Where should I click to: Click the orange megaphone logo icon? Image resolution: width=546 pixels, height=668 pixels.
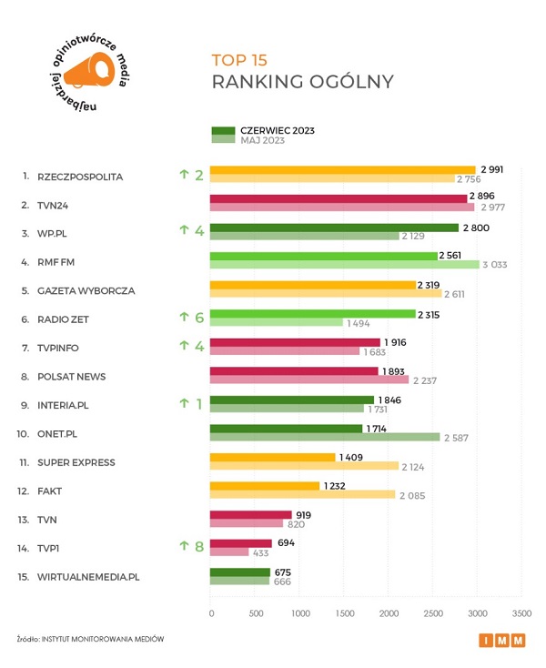91,69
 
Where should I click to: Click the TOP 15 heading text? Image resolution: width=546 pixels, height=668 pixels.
239,61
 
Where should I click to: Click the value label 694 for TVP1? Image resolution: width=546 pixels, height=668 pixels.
287,542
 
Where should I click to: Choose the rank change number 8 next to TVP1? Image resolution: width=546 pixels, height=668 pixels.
198,547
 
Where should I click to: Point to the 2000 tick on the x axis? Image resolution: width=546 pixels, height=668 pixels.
389,613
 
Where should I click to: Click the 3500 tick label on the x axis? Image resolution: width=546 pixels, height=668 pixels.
521,613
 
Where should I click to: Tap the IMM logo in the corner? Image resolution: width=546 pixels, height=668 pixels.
501,641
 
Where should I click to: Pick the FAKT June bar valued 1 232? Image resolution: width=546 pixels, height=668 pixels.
264,485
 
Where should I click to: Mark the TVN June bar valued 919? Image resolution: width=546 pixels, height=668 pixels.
250,513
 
